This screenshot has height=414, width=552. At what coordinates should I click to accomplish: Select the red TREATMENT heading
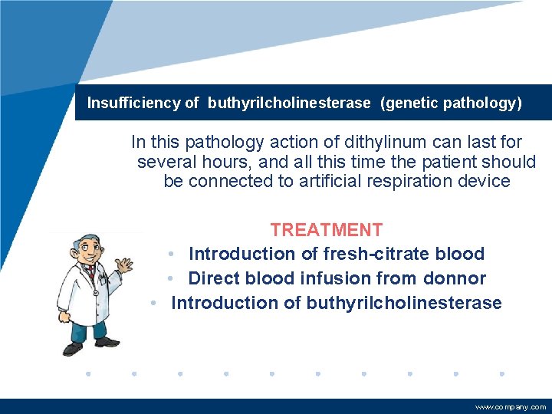coord(326,229)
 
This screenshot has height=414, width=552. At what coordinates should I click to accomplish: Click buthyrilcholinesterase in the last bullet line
coord(404,303)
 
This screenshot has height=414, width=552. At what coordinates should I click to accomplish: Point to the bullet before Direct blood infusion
coord(174,278)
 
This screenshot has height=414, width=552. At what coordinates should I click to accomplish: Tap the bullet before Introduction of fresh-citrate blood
coord(174,254)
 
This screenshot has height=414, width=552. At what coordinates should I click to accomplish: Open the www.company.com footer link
coord(511,407)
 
